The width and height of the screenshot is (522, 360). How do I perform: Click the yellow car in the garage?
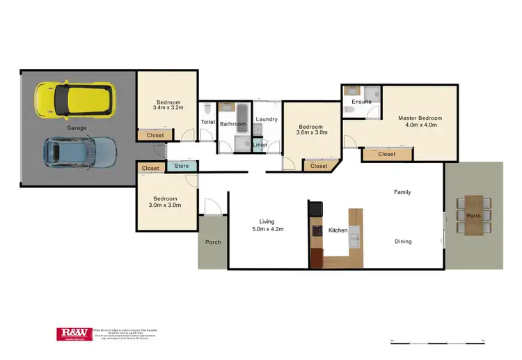click(x=74, y=100)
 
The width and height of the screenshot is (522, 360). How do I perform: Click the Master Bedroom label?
click(x=420, y=118)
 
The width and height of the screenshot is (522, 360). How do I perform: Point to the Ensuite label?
click(x=361, y=102)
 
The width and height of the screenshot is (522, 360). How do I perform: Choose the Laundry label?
click(x=267, y=119)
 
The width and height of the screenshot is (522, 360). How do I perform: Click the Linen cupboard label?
click(x=260, y=145)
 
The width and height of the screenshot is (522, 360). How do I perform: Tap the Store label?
click(x=182, y=166)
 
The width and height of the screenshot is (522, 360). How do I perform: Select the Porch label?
click(x=212, y=243)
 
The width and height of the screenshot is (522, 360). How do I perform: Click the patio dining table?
click(x=474, y=216)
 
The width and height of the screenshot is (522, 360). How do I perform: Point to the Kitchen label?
click(x=338, y=230)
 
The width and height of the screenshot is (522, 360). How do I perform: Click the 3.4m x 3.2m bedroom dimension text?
click(x=167, y=108)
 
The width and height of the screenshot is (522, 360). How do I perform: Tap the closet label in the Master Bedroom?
click(x=386, y=154)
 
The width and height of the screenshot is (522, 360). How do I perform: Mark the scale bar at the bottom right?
click(x=438, y=341)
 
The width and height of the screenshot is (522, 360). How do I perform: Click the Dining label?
click(x=403, y=242)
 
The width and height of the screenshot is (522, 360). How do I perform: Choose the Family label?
click(x=402, y=191)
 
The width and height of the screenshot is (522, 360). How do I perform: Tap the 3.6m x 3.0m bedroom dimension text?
click(x=313, y=132)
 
